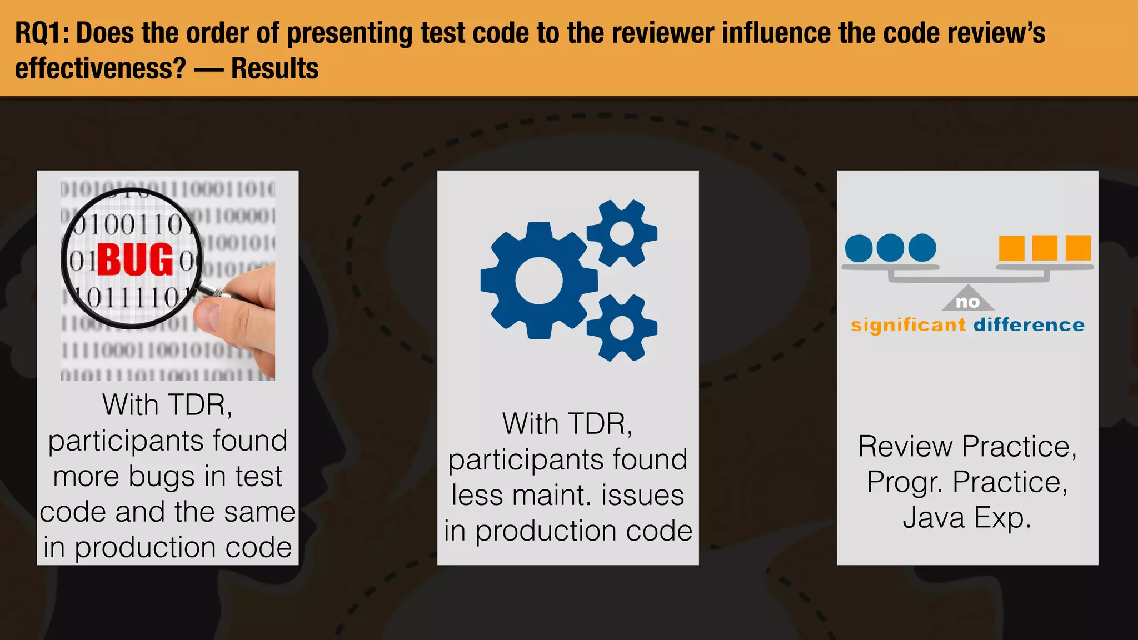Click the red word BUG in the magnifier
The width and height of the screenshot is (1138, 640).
tap(135, 259)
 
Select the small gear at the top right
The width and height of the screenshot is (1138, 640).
tap(622, 233)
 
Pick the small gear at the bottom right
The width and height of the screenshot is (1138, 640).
tap(622, 328)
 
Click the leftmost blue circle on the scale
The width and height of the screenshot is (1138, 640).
tap(859, 248)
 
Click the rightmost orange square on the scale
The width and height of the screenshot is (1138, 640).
tap(1078, 248)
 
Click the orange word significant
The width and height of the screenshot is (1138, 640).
tap(909, 325)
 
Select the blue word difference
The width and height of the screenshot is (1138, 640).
tap(1029, 325)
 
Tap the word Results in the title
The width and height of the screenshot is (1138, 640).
tap(274, 69)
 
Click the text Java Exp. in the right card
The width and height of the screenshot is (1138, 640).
tap(967, 517)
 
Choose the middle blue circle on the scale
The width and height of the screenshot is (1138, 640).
tap(890, 248)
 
